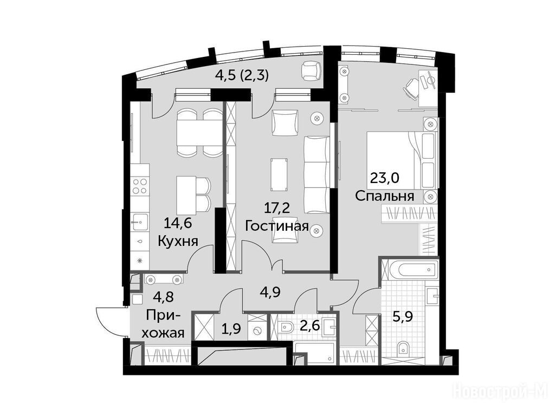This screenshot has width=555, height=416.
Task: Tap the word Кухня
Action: coord(178,241)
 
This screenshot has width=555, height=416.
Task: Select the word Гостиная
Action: coord(277,226)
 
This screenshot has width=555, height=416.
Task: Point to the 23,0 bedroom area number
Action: coord(384,177)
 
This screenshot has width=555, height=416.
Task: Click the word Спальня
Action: coord(384,196)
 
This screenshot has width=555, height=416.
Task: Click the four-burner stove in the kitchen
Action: coord(140,186)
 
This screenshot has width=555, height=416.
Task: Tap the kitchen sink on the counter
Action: coord(139,222)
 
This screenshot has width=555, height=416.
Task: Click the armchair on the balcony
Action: coord(312,70)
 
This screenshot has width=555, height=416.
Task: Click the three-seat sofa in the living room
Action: coord(317,175)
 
